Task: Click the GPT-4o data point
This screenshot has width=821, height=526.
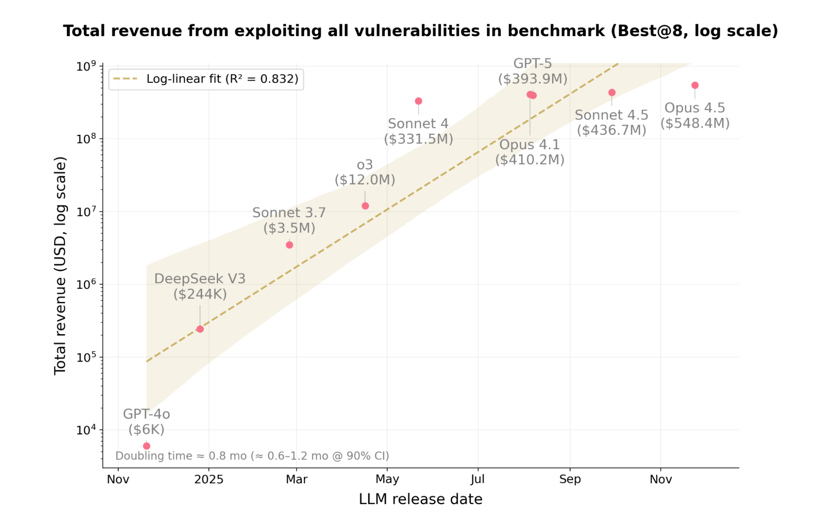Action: tap(147, 446)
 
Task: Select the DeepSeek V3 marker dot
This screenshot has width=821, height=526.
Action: tap(200, 329)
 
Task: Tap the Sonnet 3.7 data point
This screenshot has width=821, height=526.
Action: tap(290, 245)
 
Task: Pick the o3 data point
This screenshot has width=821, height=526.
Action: tap(365, 206)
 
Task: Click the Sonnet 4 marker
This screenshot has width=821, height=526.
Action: tap(419, 101)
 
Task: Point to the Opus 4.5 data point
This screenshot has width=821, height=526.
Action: tap(695, 85)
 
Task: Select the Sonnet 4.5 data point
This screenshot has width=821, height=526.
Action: tap(612, 92)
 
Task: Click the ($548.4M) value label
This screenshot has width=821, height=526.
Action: tap(695, 123)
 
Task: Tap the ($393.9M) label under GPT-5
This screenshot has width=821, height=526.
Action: tap(533, 78)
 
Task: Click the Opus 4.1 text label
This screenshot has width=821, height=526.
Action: tap(529, 145)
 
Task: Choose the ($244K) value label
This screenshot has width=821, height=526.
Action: tap(200, 294)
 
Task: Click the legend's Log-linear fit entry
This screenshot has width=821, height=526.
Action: tap(222, 79)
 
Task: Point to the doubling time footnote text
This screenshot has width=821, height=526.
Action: tap(252, 456)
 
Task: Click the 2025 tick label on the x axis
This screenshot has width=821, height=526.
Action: tap(209, 479)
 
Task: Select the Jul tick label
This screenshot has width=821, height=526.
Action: tap(478, 479)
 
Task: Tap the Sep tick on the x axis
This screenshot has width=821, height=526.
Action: tap(570, 479)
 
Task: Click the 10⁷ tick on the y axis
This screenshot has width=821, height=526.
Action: tap(86, 212)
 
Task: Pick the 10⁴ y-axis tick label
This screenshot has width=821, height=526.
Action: tap(86, 430)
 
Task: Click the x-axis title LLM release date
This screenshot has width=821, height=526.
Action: tap(421, 499)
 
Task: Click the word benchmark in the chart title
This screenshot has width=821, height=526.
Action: tap(556, 31)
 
